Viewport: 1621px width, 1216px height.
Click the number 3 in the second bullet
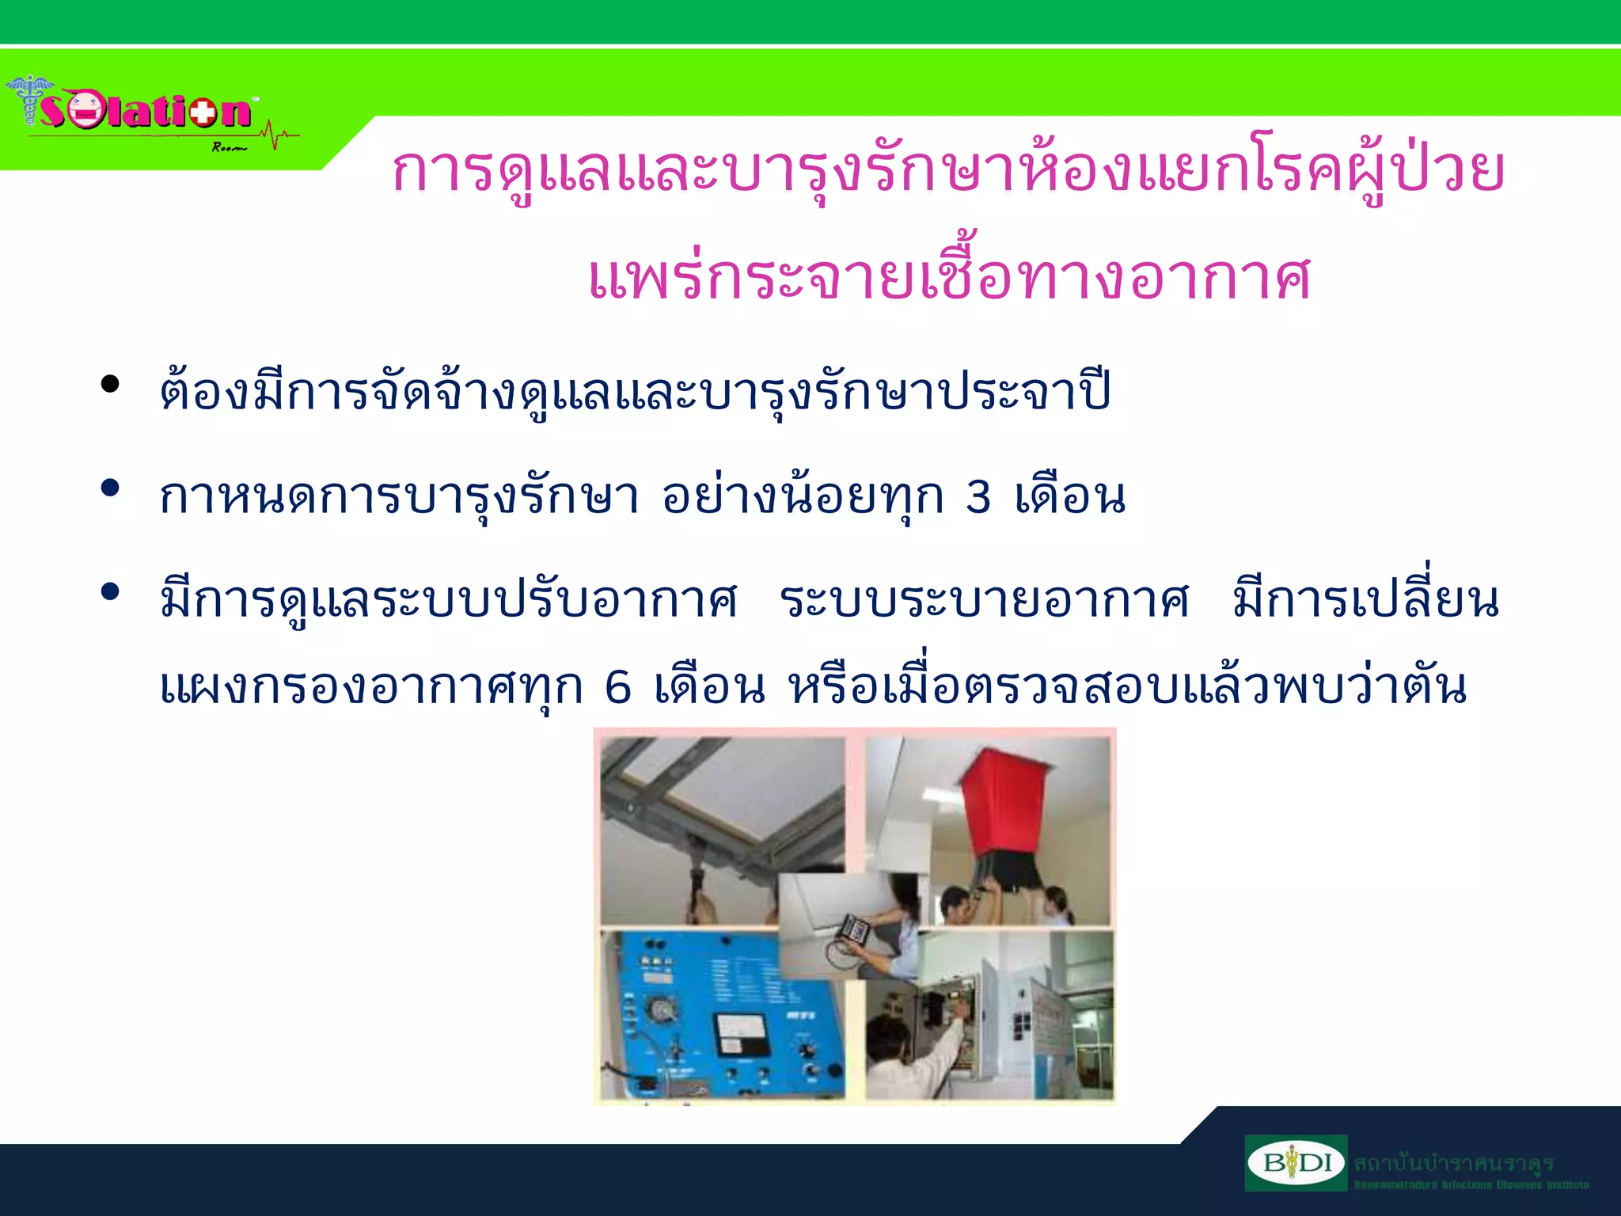(x=978, y=497)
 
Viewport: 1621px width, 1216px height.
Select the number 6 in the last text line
(x=617, y=686)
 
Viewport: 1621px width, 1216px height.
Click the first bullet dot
(x=110, y=385)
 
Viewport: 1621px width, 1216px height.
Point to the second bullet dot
(x=110, y=488)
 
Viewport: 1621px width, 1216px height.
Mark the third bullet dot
(x=110, y=591)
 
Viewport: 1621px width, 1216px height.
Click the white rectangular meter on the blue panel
(x=741, y=1033)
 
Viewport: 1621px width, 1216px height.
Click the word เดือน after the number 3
(x=1070, y=497)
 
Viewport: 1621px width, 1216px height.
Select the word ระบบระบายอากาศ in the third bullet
(x=983, y=600)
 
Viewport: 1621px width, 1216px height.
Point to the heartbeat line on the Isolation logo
(x=277, y=136)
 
